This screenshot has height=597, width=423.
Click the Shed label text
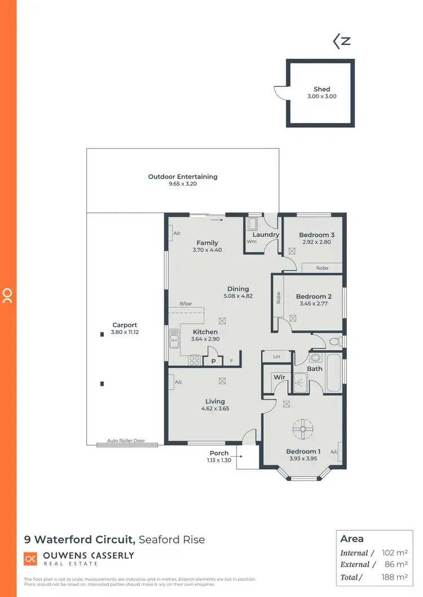tap(321, 89)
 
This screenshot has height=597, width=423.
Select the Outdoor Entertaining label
tap(182, 176)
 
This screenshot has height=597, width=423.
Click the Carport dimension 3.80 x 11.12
tap(124, 333)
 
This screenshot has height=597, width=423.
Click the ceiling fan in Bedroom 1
tap(303, 430)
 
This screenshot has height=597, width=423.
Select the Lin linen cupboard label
tap(276, 357)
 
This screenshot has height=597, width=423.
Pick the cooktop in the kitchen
tap(195, 359)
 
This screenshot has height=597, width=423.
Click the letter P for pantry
tap(213, 361)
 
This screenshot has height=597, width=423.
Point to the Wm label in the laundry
tap(251, 242)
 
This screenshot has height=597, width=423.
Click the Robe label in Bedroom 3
tap(322, 268)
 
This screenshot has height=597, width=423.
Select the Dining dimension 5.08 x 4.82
tap(238, 296)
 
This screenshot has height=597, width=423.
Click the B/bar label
tap(186, 304)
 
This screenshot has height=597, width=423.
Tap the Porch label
tap(219, 453)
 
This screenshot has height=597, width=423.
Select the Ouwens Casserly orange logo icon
tap(30, 559)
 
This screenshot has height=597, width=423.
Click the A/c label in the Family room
tap(177, 233)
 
